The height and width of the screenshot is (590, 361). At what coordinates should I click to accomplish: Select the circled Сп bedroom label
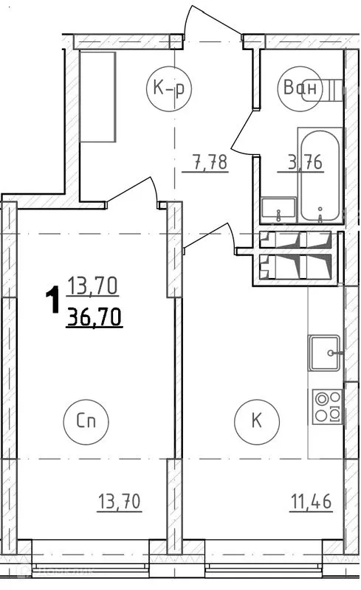point(92,421)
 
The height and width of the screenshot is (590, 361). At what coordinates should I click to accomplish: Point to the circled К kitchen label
point(256,421)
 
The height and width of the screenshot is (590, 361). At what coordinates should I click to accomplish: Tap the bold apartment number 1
point(52,302)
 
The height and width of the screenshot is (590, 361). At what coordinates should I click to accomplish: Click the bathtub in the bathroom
point(320,175)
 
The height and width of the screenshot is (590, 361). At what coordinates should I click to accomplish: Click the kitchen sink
point(324,354)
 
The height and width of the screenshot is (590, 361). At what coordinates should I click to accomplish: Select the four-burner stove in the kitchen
point(327,406)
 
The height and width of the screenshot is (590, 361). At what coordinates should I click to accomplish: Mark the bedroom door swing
point(137,191)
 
